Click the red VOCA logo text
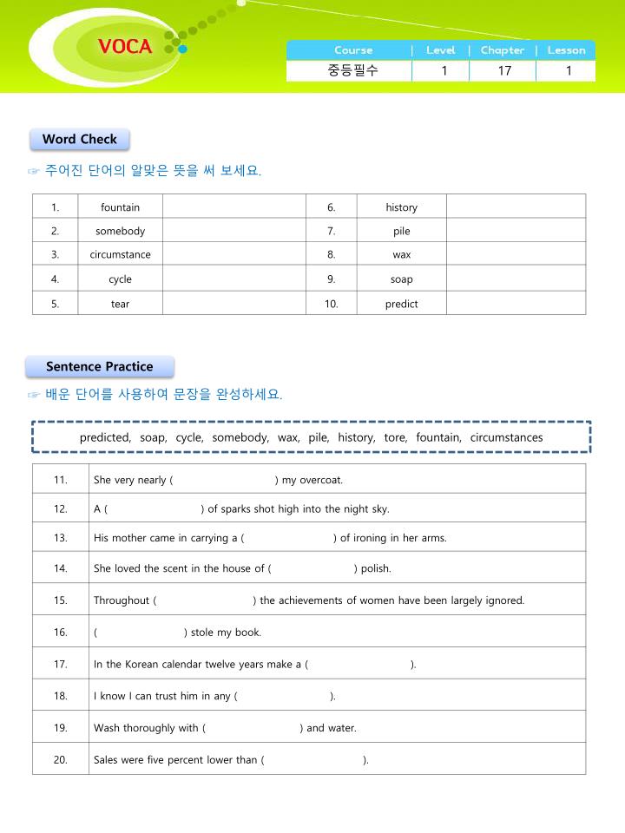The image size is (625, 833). [125, 47]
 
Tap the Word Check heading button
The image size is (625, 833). [80, 139]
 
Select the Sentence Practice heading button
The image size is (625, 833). [100, 366]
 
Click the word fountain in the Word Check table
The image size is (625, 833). [120, 207]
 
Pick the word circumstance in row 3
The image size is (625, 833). [120, 254]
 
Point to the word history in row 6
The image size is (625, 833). [401, 207]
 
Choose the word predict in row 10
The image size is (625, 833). [401, 304]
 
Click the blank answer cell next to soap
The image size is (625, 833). [516, 279]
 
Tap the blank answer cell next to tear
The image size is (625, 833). [234, 304]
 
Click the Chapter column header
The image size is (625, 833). [503, 50]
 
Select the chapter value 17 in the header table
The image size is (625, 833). [504, 71]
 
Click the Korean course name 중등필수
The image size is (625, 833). [352, 71]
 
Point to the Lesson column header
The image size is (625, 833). [566, 50]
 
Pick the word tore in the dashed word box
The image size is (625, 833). [395, 437]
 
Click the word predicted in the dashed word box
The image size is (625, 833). [105, 437]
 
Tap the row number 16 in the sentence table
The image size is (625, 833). [61, 632]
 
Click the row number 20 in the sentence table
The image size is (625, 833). [61, 760]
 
